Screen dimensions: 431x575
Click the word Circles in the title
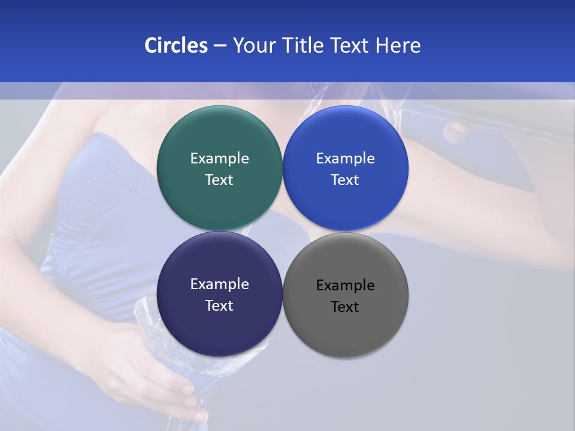(175, 45)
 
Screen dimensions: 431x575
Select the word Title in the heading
(304, 45)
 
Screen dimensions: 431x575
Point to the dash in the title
(220, 46)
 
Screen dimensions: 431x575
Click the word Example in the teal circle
(219, 158)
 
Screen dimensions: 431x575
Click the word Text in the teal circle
(219, 180)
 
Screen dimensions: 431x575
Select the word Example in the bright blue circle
(346, 158)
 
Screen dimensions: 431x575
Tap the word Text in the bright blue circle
(346, 180)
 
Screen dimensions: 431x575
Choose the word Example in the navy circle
(219, 284)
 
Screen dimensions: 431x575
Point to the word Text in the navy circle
(219, 305)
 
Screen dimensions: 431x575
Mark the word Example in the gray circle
(346, 285)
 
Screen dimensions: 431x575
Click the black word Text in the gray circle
(346, 306)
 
